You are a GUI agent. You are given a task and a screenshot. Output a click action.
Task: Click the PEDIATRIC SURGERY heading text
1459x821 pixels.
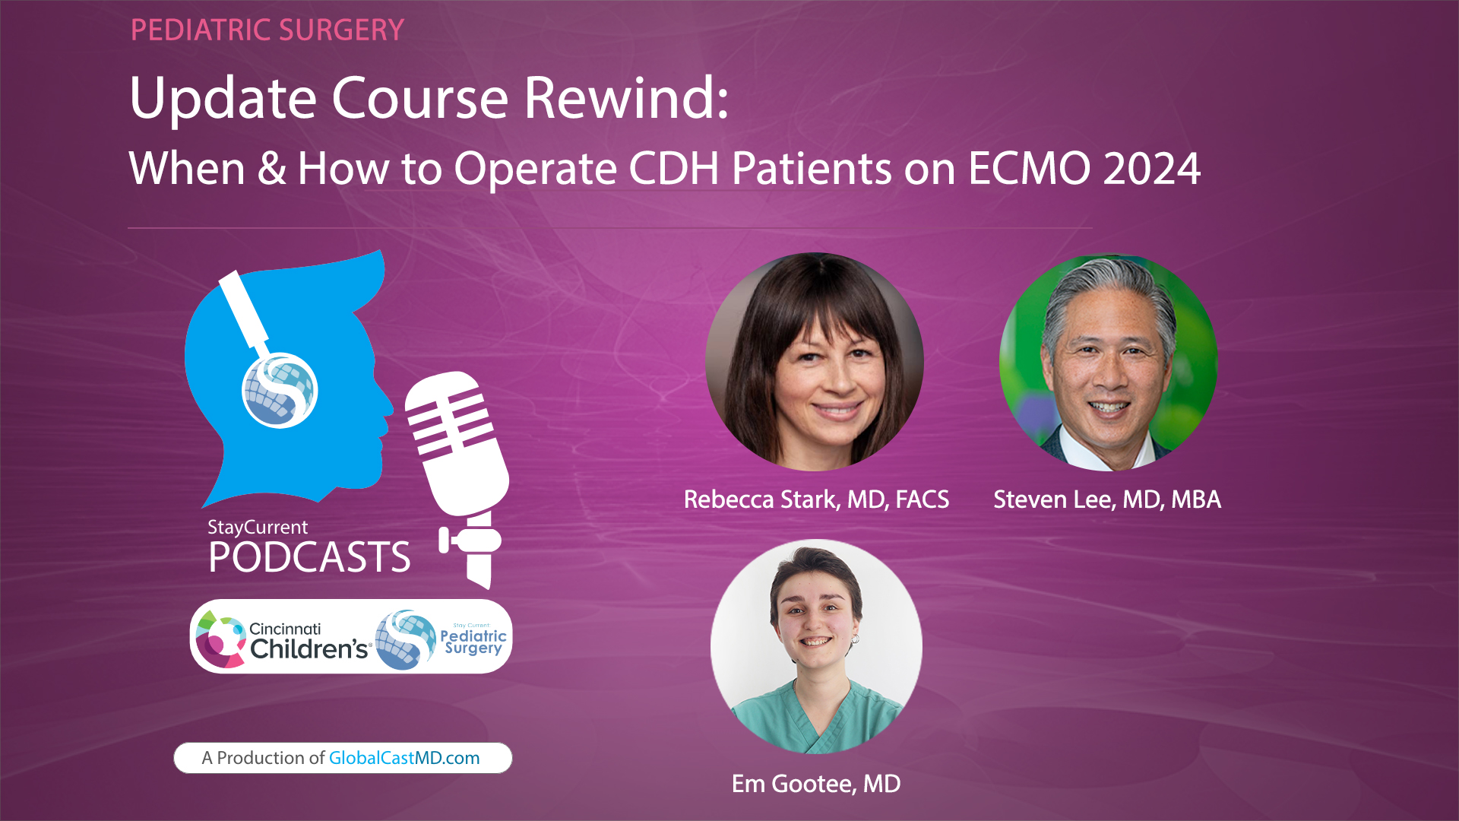pyautogui.click(x=267, y=30)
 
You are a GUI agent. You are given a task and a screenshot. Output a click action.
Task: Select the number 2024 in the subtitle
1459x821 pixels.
pyautogui.click(x=1151, y=169)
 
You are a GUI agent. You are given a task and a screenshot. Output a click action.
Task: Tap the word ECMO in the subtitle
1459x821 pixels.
pyautogui.click(x=1030, y=169)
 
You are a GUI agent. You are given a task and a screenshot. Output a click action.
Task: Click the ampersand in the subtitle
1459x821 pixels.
pyautogui.click(x=271, y=169)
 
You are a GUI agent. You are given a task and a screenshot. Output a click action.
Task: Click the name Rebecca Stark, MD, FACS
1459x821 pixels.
pyautogui.click(x=816, y=499)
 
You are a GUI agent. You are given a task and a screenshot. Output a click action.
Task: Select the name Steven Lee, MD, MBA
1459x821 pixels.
pyautogui.click(x=1107, y=499)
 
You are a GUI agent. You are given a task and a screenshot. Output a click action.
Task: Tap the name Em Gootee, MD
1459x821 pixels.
pyautogui.click(x=816, y=784)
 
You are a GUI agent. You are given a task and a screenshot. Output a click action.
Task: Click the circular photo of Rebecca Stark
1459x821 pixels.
pyautogui.click(x=815, y=362)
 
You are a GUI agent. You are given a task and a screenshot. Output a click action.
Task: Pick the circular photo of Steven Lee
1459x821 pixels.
pyautogui.click(x=1108, y=362)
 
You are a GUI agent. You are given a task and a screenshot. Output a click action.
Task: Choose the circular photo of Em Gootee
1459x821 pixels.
pyautogui.click(x=816, y=646)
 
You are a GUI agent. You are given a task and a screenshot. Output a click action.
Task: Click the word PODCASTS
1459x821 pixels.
pyautogui.click(x=309, y=557)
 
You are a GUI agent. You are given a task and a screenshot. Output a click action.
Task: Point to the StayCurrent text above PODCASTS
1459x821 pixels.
pyautogui.click(x=258, y=527)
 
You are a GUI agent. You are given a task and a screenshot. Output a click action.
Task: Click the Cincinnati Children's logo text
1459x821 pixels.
pyautogui.click(x=308, y=640)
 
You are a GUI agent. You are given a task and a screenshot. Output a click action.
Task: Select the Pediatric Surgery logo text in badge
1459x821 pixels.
pyautogui.click(x=473, y=641)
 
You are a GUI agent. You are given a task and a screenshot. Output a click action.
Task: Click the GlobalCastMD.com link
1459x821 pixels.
pyautogui.click(x=404, y=758)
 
